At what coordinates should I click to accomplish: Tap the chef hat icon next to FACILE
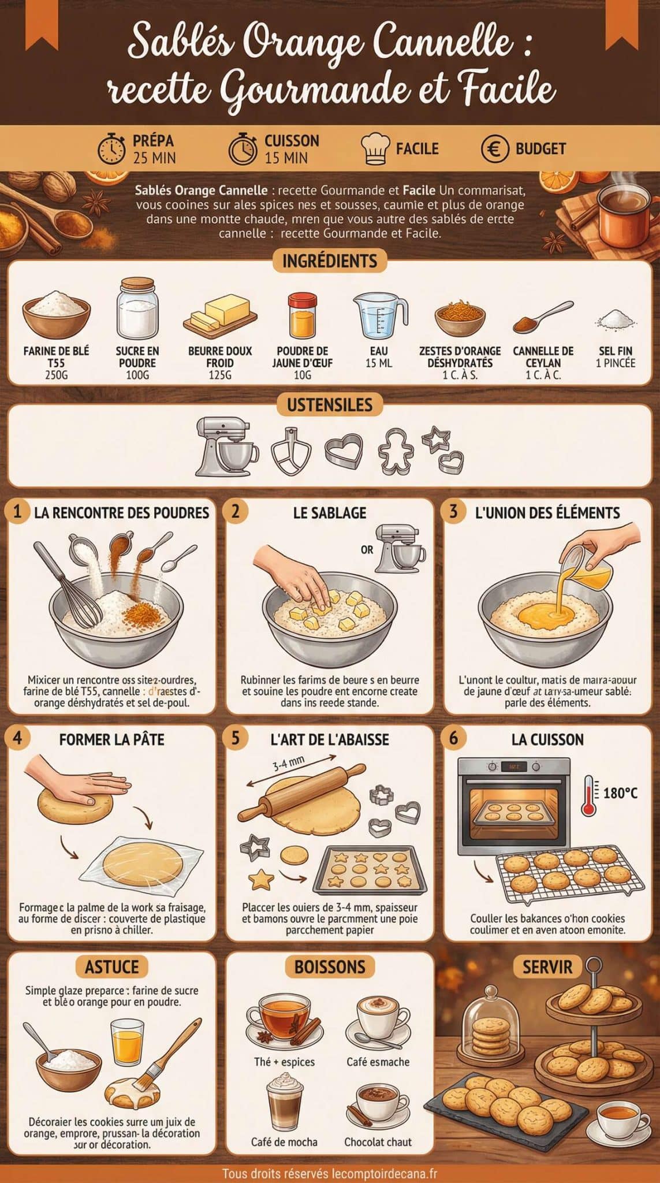tap(375, 149)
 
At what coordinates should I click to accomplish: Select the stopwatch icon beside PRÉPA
tap(111, 149)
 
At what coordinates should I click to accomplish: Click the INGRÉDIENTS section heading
tap(330, 261)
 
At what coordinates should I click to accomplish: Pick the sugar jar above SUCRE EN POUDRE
tap(137, 308)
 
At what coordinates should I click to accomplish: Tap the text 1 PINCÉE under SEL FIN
tap(615, 363)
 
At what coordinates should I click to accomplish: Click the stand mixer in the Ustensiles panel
tap(226, 445)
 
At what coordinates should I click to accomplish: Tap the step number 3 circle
tap(453, 511)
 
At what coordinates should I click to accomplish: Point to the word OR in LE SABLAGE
tap(367, 549)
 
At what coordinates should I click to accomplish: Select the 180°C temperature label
tap(620, 793)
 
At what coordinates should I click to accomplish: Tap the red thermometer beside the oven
tap(589, 795)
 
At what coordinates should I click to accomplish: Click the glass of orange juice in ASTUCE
tap(127, 1041)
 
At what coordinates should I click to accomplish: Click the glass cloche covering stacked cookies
tap(491, 1027)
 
